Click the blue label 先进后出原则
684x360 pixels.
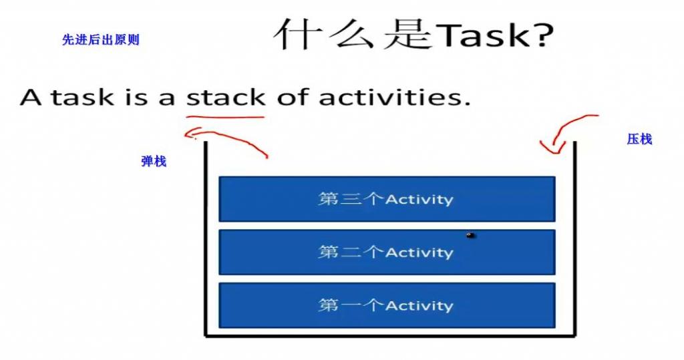click(x=101, y=39)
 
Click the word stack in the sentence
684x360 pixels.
click(x=226, y=97)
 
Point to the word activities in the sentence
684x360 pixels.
click(x=394, y=97)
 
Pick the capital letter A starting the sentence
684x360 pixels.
click(x=31, y=98)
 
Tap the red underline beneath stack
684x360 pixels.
click(x=225, y=117)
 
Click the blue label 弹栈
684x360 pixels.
click(x=154, y=162)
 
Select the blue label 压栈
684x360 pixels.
click(x=639, y=139)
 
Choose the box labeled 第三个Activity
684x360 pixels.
click(x=387, y=199)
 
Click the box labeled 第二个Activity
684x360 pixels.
click(x=387, y=252)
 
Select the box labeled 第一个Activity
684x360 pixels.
click(x=387, y=305)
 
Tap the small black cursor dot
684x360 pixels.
click(x=470, y=236)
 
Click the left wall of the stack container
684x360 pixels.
click(x=206, y=238)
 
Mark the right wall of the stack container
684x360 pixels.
click(x=575, y=238)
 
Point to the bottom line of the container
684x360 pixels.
click(x=390, y=335)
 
